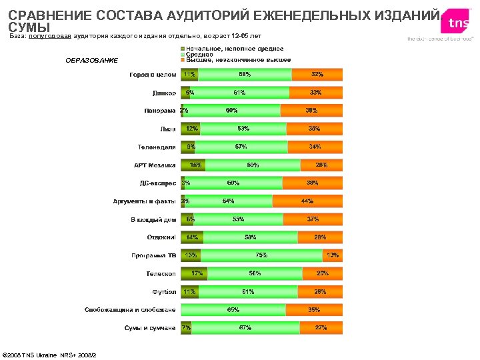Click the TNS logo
[x=458, y=23]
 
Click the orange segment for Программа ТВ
[x=332, y=255]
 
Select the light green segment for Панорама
[x=231, y=111]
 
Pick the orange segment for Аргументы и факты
[x=307, y=201]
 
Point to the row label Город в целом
[x=153, y=75]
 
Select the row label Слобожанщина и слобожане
[x=130, y=310]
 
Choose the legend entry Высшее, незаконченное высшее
[x=238, y=60]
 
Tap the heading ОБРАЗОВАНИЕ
[x=91, y=61]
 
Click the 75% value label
[x=261, y=255]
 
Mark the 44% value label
[x=307, y=201]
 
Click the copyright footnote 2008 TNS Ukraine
[x=50, y=354]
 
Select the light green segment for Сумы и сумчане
[x=245, y=328]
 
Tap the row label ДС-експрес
[x=157, y=183]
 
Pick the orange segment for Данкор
[x=316, y=93]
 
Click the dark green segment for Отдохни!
[x=191, y=237]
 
